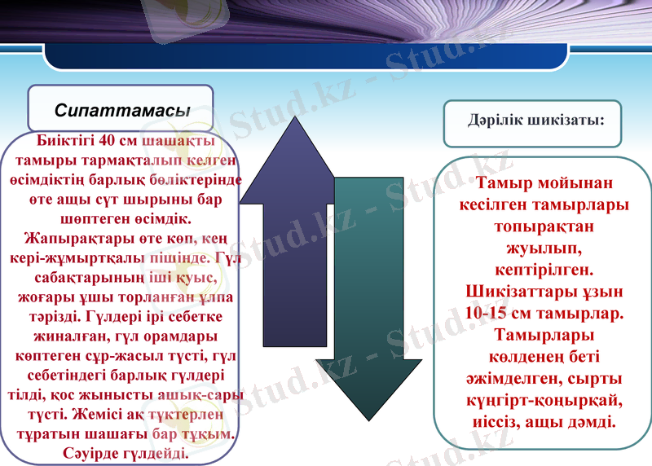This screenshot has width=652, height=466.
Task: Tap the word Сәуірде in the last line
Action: click(x=90, y=451)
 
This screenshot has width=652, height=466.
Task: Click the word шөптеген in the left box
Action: click(x=92, y=219)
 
